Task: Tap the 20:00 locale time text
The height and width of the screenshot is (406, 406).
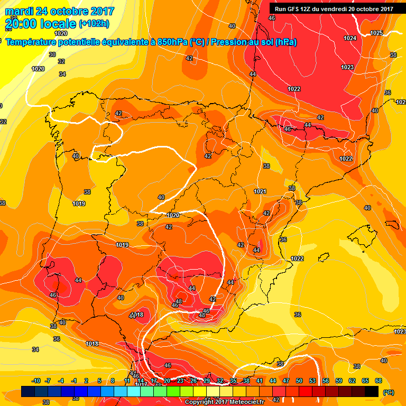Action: (40, 24)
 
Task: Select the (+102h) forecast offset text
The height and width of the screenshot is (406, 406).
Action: (95, 24)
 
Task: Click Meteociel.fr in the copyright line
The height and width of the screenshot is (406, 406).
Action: (244, 402)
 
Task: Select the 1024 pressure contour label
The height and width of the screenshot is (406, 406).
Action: (349, 38)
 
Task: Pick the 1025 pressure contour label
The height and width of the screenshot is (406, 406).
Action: (376, 33)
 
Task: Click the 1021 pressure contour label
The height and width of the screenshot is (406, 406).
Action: (260, 191)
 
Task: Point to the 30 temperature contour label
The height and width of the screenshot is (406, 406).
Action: (52, 54)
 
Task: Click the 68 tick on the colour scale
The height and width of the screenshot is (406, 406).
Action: (378, 381)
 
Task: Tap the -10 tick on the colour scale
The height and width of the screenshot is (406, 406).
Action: (36, 381)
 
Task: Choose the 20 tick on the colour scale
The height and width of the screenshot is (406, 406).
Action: (167, 381)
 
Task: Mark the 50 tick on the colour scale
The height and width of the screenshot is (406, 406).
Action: (299, 381)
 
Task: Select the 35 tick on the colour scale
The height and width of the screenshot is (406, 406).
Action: (233, 381)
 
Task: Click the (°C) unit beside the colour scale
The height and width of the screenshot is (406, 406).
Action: (388, 392)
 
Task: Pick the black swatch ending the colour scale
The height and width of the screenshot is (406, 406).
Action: (372, 391)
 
